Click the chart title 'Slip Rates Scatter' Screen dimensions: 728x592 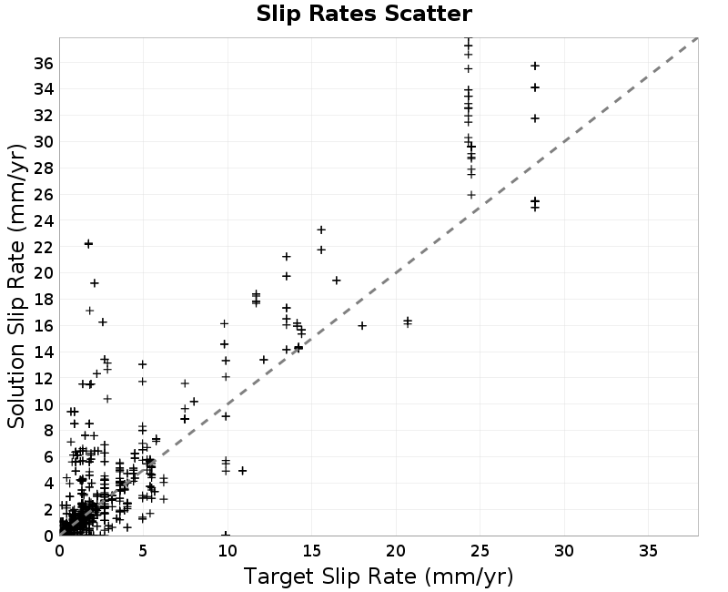364,14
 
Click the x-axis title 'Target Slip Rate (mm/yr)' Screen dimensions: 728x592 379,577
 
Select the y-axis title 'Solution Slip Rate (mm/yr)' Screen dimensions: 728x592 16,286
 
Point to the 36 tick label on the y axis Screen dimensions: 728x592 44,63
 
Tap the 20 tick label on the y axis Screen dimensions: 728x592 44,273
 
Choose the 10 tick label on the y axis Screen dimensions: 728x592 44,404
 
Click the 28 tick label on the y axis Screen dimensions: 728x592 44,168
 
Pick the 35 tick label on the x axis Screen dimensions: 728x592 648,551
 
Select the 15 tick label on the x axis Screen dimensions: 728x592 311,551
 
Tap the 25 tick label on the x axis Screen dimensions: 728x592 480,551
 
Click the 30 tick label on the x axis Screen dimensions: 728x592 564,551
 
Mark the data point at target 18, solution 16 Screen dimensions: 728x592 362,326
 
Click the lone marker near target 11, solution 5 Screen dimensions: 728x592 242,471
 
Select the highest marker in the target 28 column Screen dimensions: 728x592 535,66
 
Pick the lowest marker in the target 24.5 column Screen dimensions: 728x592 471,195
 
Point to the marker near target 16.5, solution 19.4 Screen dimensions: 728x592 337,281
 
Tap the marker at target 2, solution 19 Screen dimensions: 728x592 95,283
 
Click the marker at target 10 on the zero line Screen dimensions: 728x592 226,535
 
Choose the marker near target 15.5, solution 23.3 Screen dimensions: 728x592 321,230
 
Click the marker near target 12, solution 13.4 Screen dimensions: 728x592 264,360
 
